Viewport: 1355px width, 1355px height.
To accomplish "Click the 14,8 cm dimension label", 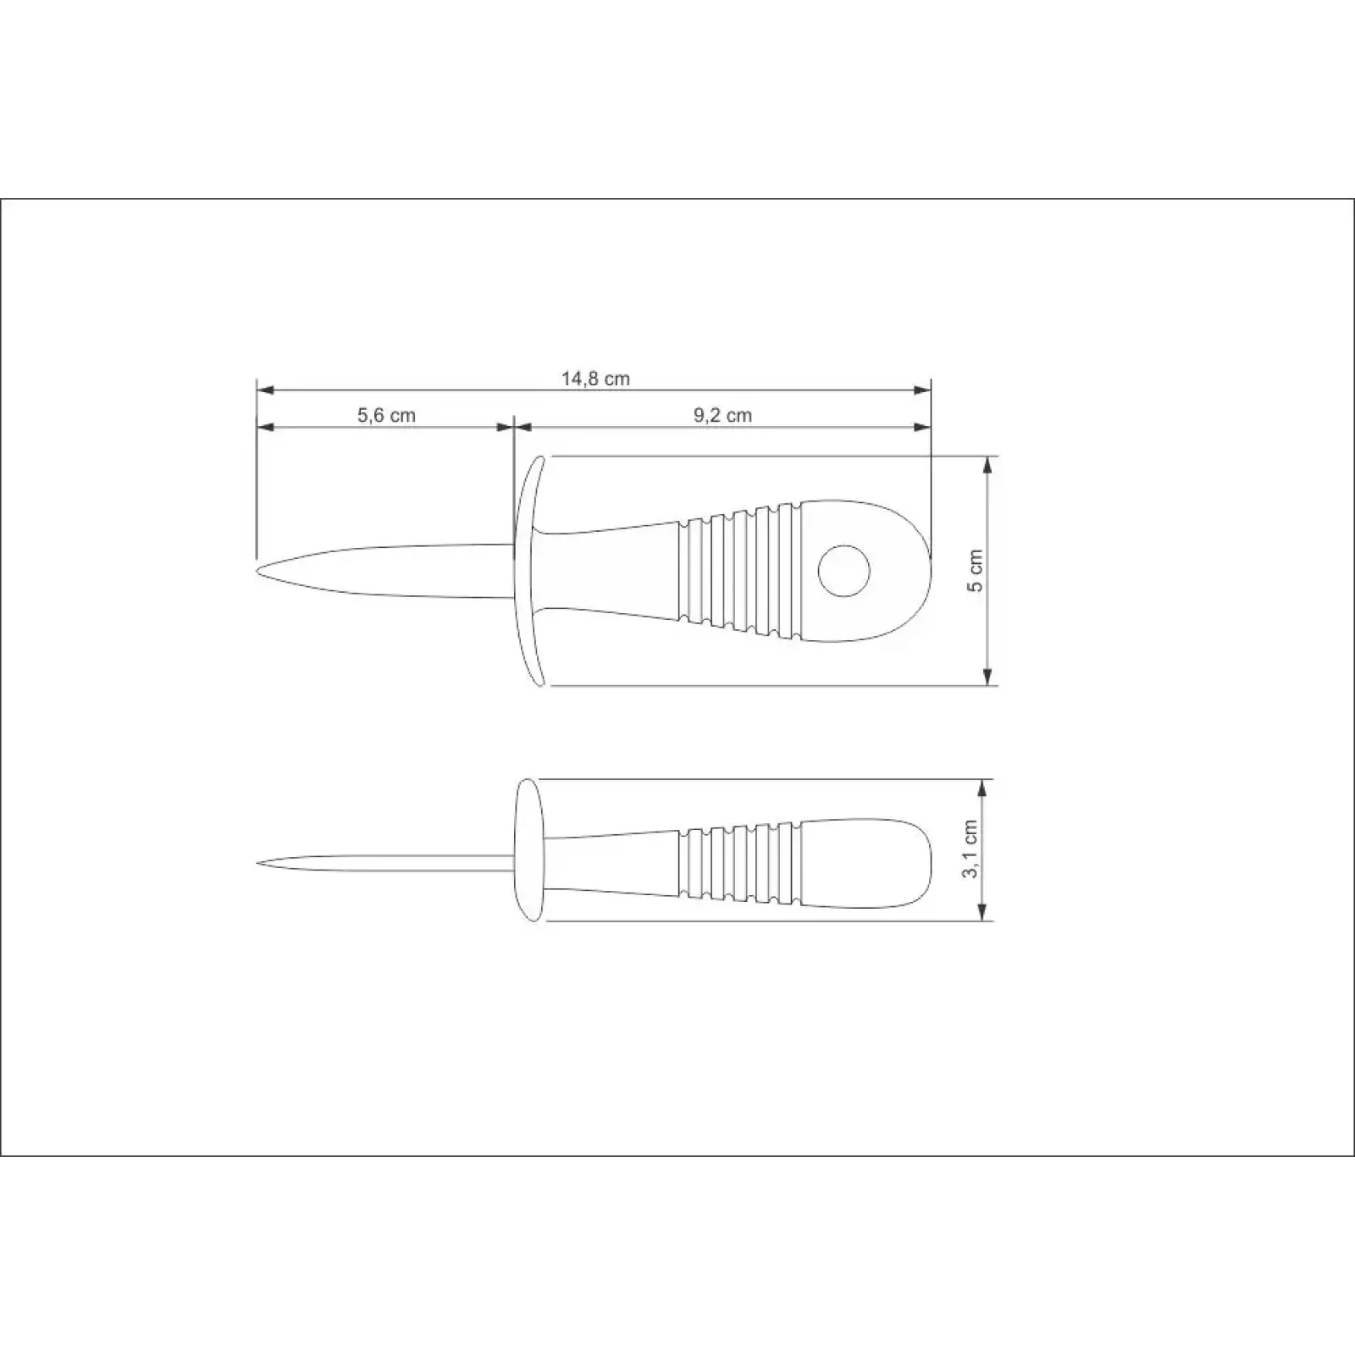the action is tap(595, 379).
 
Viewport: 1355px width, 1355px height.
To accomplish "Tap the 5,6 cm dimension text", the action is tap(386, 415).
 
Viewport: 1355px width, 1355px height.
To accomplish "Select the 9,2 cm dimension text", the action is tap(722, 415).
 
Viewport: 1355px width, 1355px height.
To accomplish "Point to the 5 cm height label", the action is tap(976, 571).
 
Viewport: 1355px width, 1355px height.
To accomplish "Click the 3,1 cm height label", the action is tap(971, 849).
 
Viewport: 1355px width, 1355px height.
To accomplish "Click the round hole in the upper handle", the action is tap(844, 570).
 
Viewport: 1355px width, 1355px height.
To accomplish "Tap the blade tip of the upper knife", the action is tap(257, 570).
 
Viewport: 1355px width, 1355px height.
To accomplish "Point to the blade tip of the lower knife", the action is tap(257, 864).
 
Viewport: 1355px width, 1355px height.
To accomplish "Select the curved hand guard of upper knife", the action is tap(527, 570).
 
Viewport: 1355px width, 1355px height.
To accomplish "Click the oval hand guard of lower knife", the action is tap(529, 849).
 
